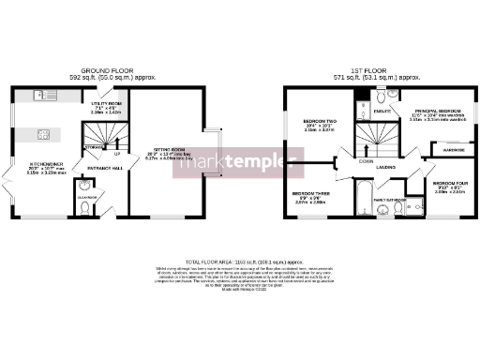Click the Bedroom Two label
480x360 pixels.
[x=313, y=123]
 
